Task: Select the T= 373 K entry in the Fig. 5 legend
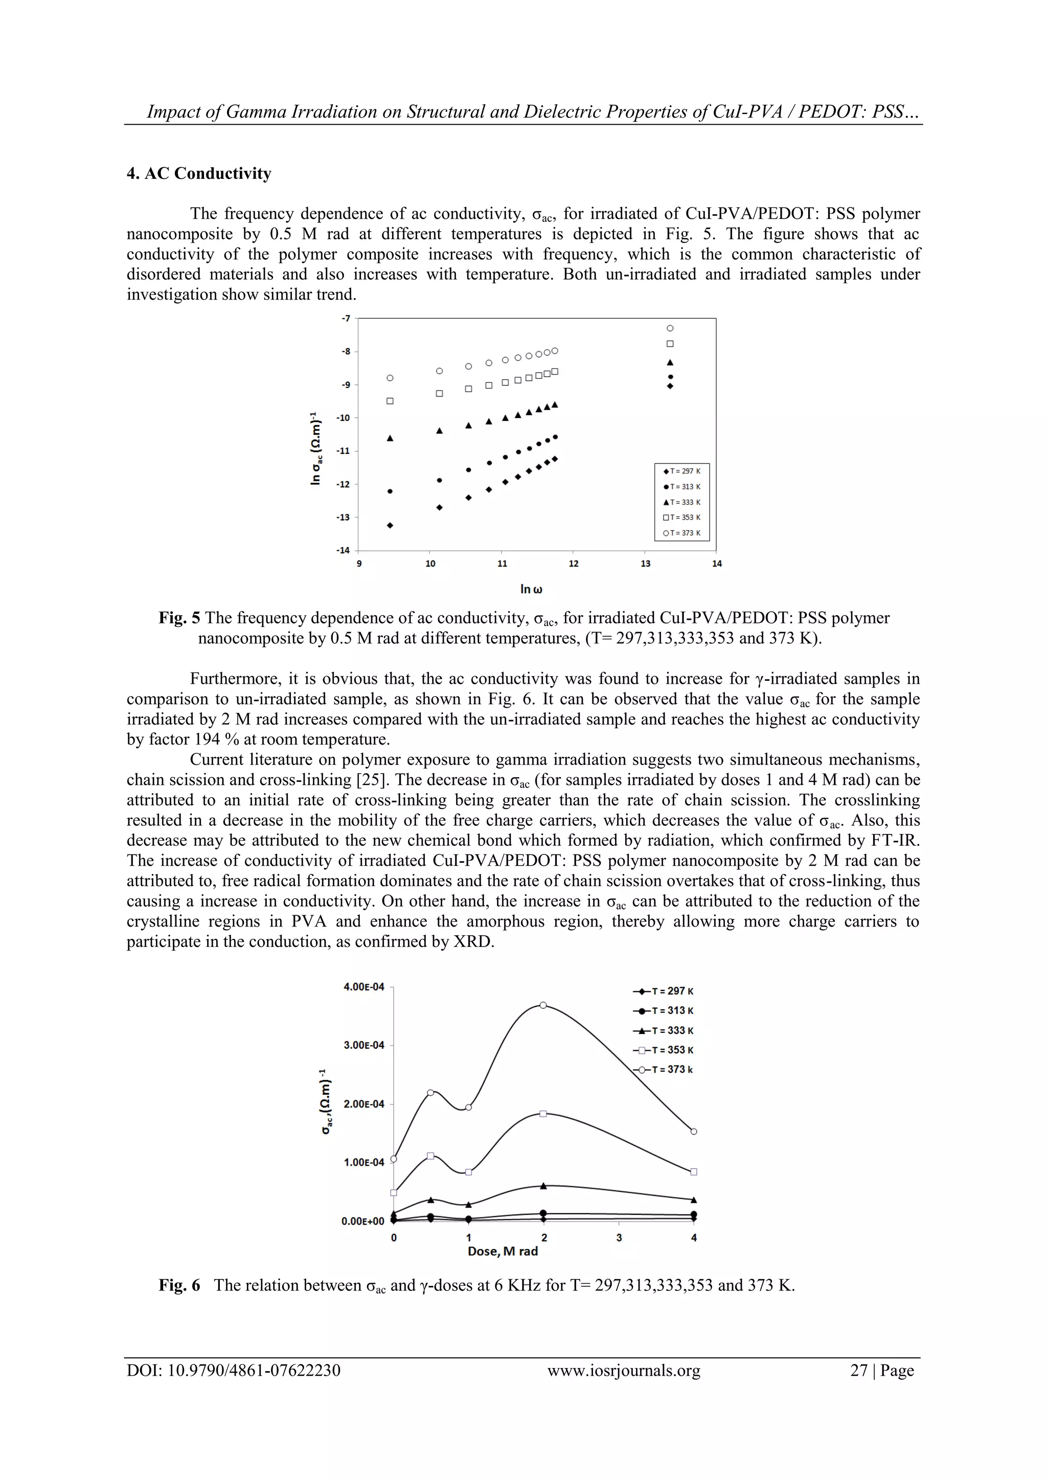point(681,533)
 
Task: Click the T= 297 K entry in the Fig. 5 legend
point(681,471)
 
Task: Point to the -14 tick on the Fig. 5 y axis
point(343,550)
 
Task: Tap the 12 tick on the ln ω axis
point(573,564)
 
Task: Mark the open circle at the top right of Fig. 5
point(670,329)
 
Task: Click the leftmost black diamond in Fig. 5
point(390,525)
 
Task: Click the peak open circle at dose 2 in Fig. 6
point(543,1005)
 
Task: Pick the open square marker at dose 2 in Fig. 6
point(543,1113)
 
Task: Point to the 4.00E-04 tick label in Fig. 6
point(363,987)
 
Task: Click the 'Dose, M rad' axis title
point(502,1251)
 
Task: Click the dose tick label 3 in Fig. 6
point(619,1238)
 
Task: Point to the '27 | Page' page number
point(881,1371)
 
